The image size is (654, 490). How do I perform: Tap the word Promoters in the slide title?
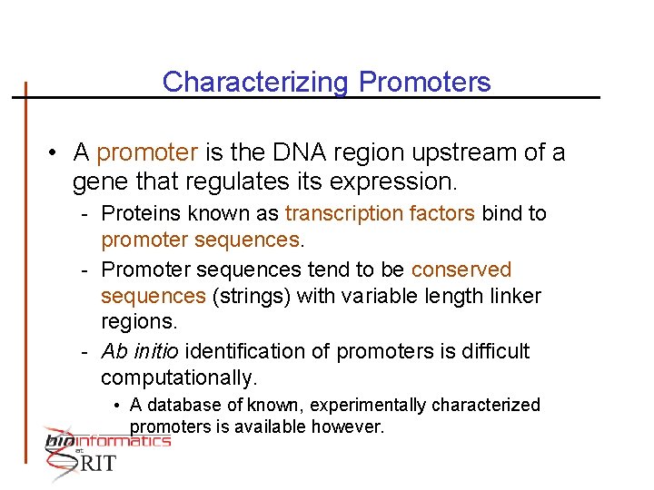pos(424,83)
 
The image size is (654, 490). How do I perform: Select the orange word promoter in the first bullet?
pos(147,152)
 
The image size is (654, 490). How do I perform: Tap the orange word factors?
pos(441,214)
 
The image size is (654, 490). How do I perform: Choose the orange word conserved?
pos(461,270)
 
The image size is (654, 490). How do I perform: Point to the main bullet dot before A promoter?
pos(55,153)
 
